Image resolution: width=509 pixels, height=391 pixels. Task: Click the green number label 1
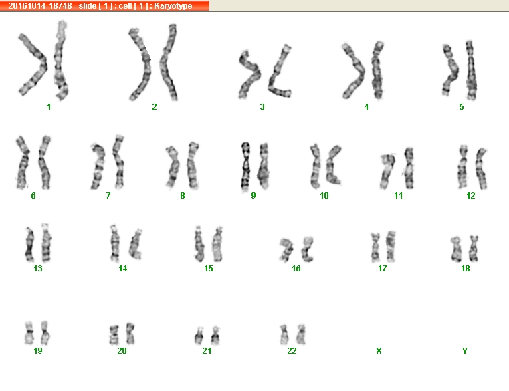(x=49, y=107)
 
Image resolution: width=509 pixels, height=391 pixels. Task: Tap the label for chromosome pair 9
(x=253, y=196)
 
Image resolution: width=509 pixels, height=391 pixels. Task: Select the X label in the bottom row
(x=379, y=350)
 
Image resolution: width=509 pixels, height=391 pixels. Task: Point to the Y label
(x=465, y=350)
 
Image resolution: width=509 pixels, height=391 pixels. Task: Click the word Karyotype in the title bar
(x=173, y=6)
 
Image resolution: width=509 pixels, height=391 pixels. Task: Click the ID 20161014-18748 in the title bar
(x=40, y=6)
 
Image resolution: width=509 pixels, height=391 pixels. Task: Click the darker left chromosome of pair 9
(x=245, y=166)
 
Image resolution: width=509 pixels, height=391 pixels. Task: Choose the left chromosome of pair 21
(x=199, y=336)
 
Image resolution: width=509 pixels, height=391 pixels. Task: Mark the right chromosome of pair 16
(x=307, y=250)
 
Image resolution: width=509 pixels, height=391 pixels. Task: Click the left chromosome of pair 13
(x=30, y=244)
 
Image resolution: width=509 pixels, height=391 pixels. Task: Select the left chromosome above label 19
(x=29, y=333)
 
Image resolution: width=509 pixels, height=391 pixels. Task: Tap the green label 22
(x=292, y=350)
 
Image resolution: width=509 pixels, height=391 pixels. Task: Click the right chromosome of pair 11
(x=409, y=168)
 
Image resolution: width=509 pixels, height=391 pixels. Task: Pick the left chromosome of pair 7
(x=98, y=167)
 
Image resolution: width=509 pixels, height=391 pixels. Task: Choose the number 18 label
(x=465, y=268)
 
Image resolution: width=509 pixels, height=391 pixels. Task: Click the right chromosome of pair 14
(x=136, y=244)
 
